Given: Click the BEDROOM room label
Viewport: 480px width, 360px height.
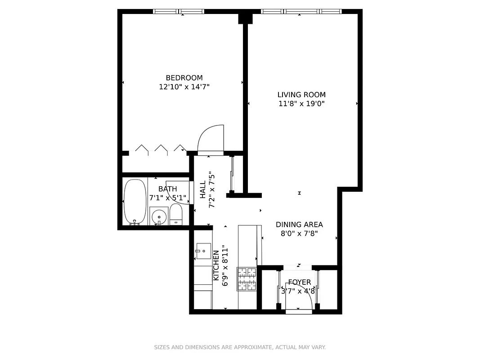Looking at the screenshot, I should click(184, 78).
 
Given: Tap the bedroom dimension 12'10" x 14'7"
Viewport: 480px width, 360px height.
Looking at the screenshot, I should click(184, 87).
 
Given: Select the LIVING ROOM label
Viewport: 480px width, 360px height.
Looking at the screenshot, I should click(301, 95).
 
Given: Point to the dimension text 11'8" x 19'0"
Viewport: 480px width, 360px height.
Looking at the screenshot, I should click(301, 104).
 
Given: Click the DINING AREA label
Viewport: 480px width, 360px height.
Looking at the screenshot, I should click(299, 225).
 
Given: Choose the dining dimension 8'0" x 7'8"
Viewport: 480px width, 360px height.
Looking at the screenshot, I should click(299, 234).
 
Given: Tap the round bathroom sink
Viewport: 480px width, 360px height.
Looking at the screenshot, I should click(158, 216).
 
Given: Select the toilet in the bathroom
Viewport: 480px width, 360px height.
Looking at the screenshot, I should click(175, 215).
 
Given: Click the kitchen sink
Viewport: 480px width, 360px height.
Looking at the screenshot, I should click(203, 251).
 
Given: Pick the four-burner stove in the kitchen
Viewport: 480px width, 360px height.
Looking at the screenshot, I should click(247, 279).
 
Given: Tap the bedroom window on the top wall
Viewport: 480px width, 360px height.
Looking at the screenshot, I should click(179, 11).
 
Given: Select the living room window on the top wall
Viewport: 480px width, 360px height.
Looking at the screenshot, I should click(301, 11).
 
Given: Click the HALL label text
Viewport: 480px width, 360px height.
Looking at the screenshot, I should click(203, 189).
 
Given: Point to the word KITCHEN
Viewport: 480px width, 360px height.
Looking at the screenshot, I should click(216, 265).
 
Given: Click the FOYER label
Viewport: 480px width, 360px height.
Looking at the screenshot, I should click(300, 282).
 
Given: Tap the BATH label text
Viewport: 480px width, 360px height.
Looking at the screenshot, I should click(167, 189).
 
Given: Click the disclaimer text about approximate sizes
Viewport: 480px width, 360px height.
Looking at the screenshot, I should click(240, 347).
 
